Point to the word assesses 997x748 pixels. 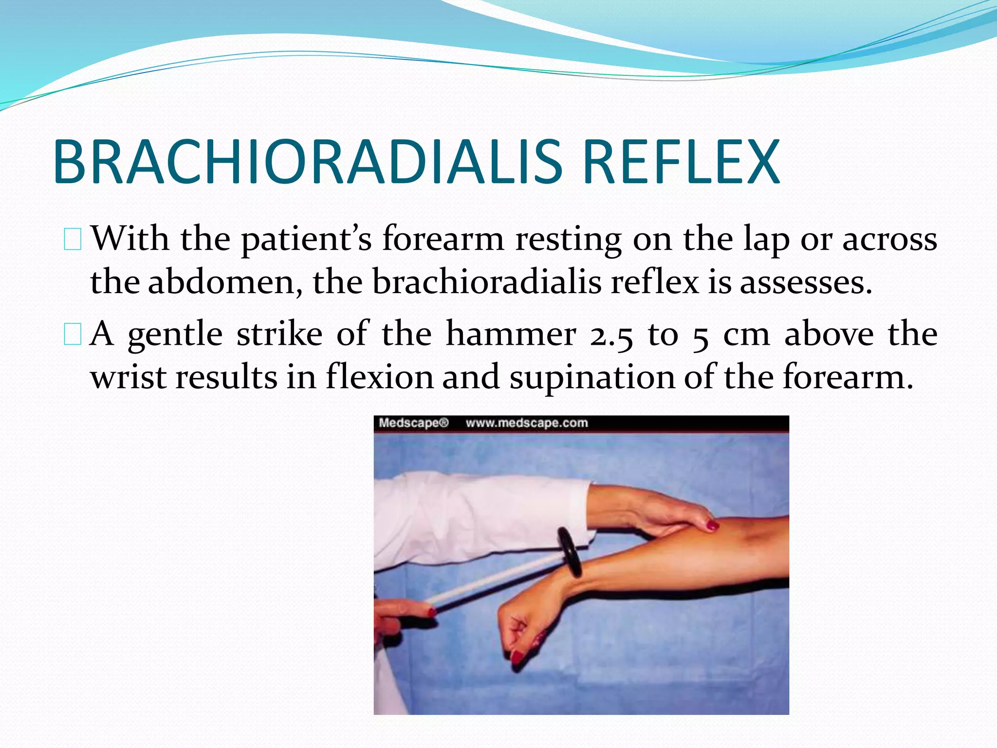pyautogui.click(x=805, y=282)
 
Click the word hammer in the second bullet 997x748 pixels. pyautogui.click(x=511, y=334)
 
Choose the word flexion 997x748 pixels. pyautogui.click(x=380, y=377)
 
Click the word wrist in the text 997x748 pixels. pyautogui.click(x=129, y=377)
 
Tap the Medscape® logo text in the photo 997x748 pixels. pyautogui.click(x=413, y=423)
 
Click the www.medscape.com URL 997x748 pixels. pyautogui.click(x=527, y=423)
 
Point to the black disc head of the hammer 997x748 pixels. pyautogui.click(x=570, y=551)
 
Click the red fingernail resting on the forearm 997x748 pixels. pyautogui.click(x=712, y=525)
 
